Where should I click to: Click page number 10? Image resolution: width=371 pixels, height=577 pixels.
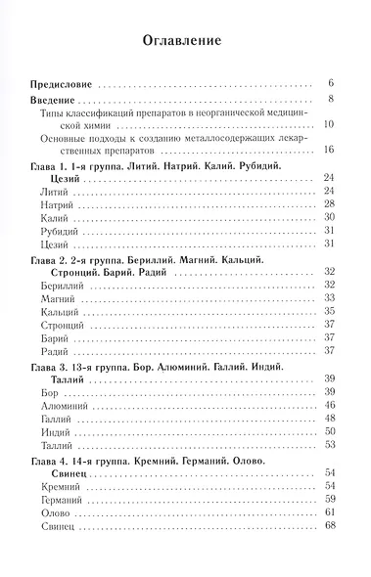[330, 124]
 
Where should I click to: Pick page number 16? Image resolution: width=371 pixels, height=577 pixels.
[330, 150]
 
